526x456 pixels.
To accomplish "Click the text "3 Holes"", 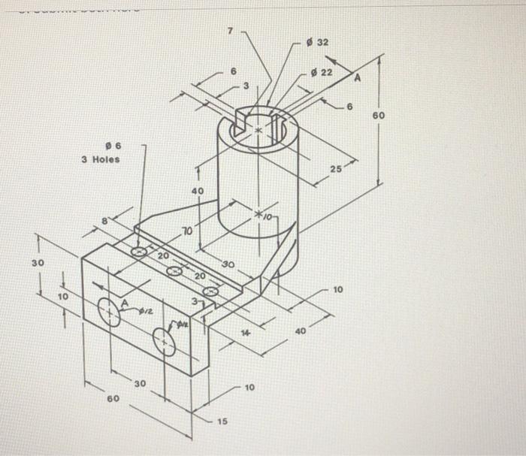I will tap(101, 159).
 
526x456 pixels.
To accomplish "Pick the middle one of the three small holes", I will tap(174, 271).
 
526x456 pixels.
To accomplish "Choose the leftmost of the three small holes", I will tap(140, 252).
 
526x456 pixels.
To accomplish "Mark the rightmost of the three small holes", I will tap(211, 291).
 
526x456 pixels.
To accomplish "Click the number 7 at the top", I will tap(231, 32).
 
